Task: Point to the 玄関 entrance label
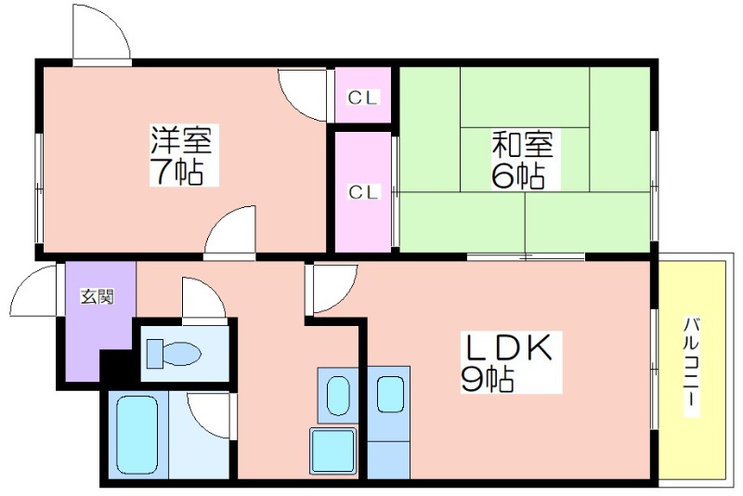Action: pyautogui.click(x=98, y=296)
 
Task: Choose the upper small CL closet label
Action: pyautogui.click(x=363, y=98)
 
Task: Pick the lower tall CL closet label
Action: pyautogui.click(x=363, y=192)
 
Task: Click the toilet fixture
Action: pyautogui.click(x=174, y=353)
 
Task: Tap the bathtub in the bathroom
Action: pyautogui.click(x=137, y=435)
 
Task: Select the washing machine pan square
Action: pyautogui.click(x=332, y=450)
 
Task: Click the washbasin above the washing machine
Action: pyautogui.click(x=338, y=396)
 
